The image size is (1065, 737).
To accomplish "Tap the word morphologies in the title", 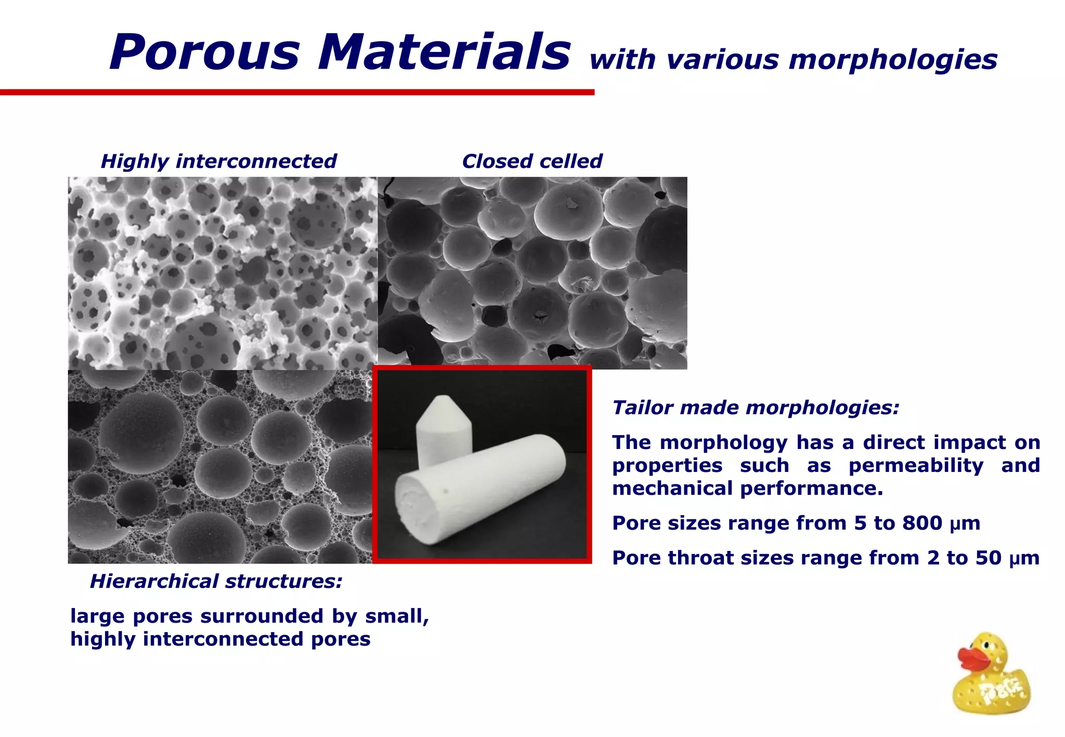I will pyautogui.click(x=893, y=60).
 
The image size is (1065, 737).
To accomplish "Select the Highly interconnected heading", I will pyautogui.click(x=218, y=161).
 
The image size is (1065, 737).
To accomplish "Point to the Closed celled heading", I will pyautogui.click(x=532, y=161).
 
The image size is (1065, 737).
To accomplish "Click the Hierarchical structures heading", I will pyautogui.click(x=216, y=581).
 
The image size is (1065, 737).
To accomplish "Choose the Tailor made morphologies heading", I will pyautogui.click(x=756, y=407).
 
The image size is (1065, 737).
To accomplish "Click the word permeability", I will pyautogui.click(x=916, y=465).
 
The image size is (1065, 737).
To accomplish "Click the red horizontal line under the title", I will pyautogui.click(x=296, y=93).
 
